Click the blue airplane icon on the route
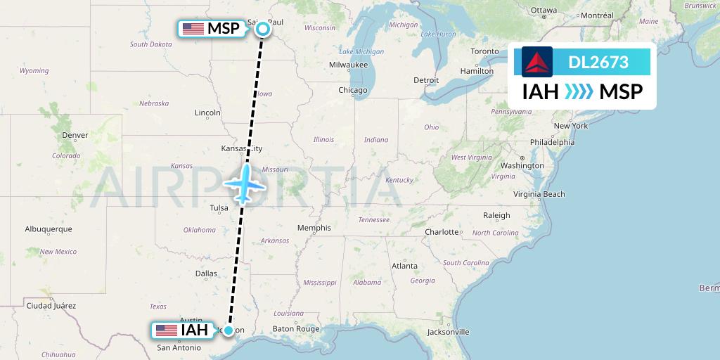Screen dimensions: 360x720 pyautogui.click(x=243, y=184)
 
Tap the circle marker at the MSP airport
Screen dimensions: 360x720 pyautogui.click(x=262, y=29)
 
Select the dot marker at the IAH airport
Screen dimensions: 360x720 pyautogui.click(x=229, y=330)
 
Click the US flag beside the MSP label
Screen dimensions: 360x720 pyautogui.click(x=193, y=29)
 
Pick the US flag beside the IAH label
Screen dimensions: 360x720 pyautogui.click(x=166, y=330)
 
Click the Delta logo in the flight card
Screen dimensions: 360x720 pyautogui.click(x=537, y=62)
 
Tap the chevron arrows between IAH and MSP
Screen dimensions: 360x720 pyautogui.click(x=579, y=91)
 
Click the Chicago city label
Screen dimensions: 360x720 pyautogui.click(x=352, y=90)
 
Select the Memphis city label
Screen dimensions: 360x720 pyautogui.click(x=314, y=228)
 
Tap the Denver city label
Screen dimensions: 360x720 pyautogui.click(x=75, y=135)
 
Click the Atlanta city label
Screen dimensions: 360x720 pyautogui.click(x=404, y=266)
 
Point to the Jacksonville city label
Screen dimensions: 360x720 pyautogui.click(x=448, y=331)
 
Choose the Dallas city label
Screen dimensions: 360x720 pyautogui.click(x=206, y=274)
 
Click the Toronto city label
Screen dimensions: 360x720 pyautogui.click(x=484, y=52)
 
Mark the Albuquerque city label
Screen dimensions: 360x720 pyautogui.click(x=49, y=229)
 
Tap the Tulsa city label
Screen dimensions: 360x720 pyautogui.click(x=219, y=207)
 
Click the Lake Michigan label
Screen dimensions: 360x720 pyautogui.click(x=361, y=52)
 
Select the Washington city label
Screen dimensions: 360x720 pyautogui.click(x=522, y=165)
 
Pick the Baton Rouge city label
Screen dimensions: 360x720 pyautogui.click(x=296, y=328)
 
